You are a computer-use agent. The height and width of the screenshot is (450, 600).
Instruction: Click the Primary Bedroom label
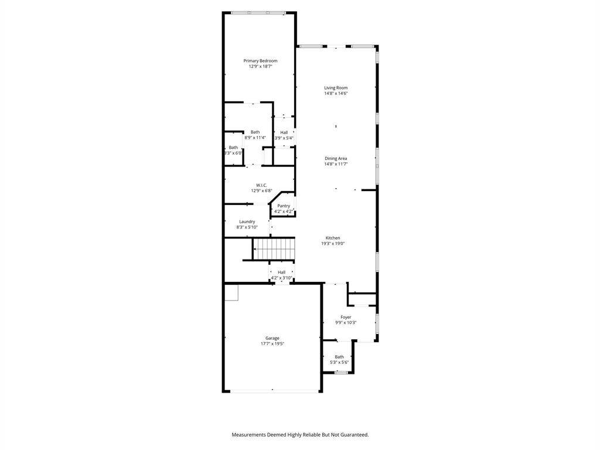260,61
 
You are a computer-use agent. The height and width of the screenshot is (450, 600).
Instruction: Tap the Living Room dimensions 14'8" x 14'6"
336,93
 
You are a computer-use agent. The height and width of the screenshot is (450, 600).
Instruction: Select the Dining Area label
336,158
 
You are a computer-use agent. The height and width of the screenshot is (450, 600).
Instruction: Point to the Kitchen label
333,238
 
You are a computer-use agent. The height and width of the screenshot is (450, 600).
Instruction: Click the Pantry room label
284,206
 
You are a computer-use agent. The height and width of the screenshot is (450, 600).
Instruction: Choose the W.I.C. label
261,185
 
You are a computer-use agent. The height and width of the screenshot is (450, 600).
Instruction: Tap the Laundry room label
247,221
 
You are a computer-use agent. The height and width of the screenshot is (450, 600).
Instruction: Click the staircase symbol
274,248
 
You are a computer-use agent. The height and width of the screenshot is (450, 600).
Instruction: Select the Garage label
272,338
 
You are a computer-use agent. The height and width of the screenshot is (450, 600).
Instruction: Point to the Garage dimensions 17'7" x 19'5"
272,343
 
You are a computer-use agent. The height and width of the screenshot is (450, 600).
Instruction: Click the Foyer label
346,317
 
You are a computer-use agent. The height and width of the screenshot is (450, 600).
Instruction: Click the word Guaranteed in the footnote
355,435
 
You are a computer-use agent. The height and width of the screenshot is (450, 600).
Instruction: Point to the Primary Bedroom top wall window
258,13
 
